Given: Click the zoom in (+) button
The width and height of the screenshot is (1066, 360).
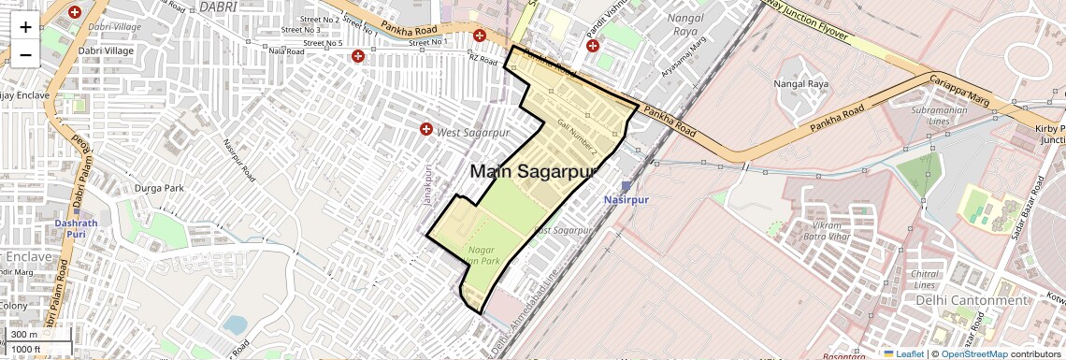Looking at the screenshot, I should (25, 26).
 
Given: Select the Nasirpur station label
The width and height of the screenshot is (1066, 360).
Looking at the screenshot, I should (626, 200).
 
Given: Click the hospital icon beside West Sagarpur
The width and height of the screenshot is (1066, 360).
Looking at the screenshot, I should (427, 129).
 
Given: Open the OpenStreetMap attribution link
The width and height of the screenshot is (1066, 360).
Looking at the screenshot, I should (973, 353).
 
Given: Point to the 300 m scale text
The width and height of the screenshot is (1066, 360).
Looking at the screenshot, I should (24, 335).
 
